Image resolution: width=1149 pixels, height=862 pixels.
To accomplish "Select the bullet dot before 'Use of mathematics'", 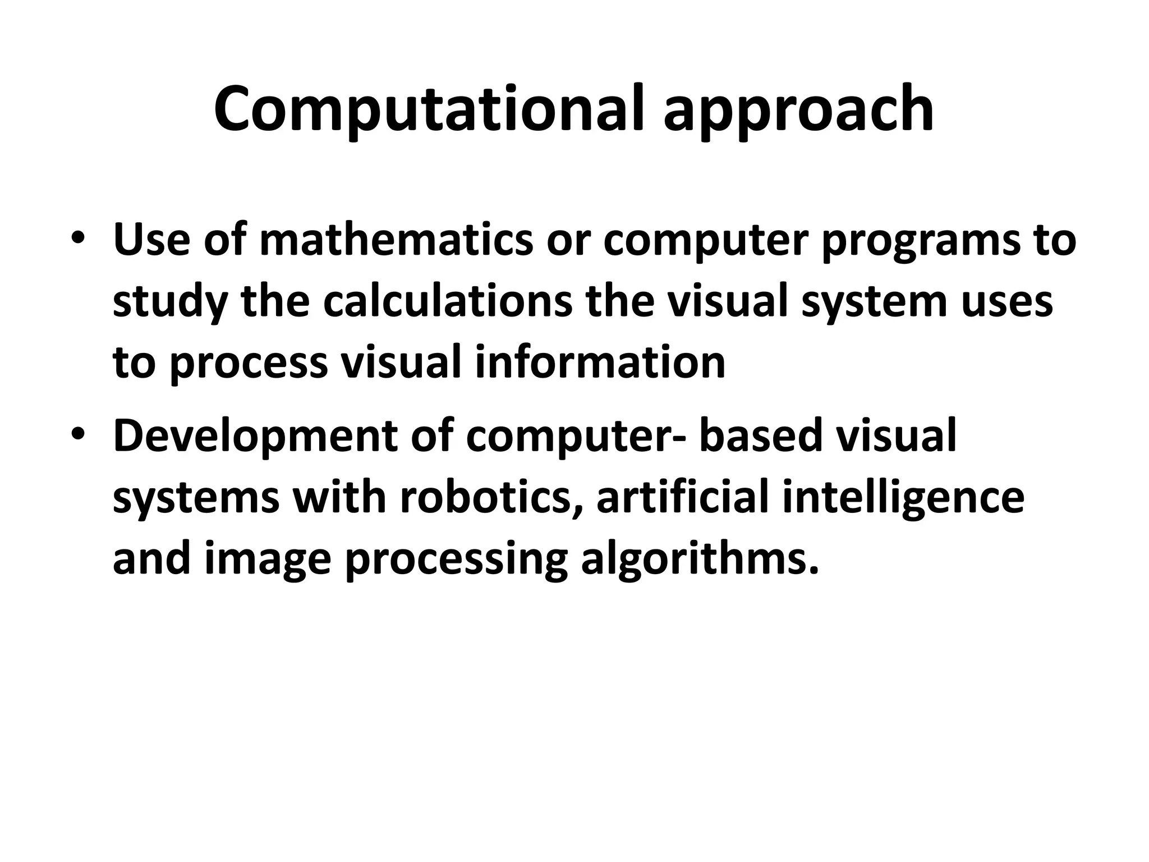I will click(x=78, y=238).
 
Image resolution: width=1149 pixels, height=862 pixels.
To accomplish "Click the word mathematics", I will click(x=396, y=240).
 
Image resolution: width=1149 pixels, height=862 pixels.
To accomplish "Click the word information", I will click(x=600, y=362).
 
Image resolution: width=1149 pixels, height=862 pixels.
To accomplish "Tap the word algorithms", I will click(x=699, y=561).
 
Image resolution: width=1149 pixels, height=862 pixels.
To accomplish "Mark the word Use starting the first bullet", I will click(x=151, y=240).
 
